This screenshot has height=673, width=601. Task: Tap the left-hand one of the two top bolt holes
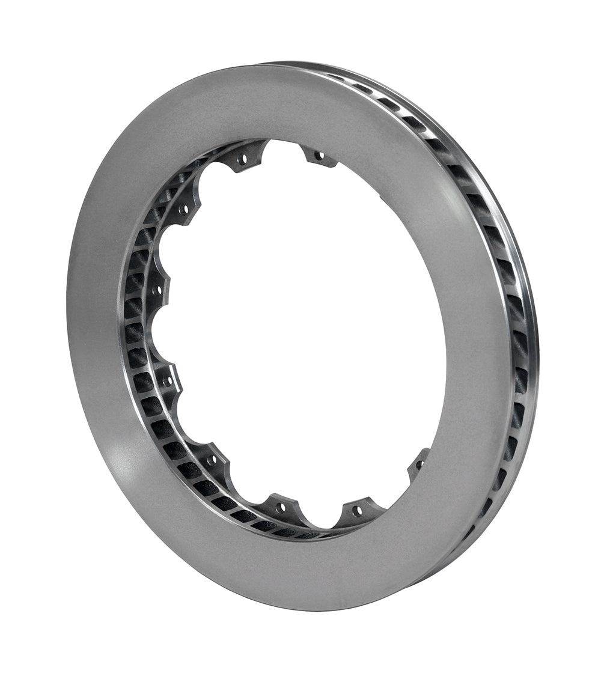pos(243,159)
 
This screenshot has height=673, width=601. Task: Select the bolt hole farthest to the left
pos(159,291)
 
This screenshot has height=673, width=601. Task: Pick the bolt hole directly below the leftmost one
pos(168,381)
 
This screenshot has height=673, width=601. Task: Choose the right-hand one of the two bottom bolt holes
pos(358,511)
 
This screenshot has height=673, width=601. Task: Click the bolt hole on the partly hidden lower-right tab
pos(419,464)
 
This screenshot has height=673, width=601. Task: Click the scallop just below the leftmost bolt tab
pos(157,336)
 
